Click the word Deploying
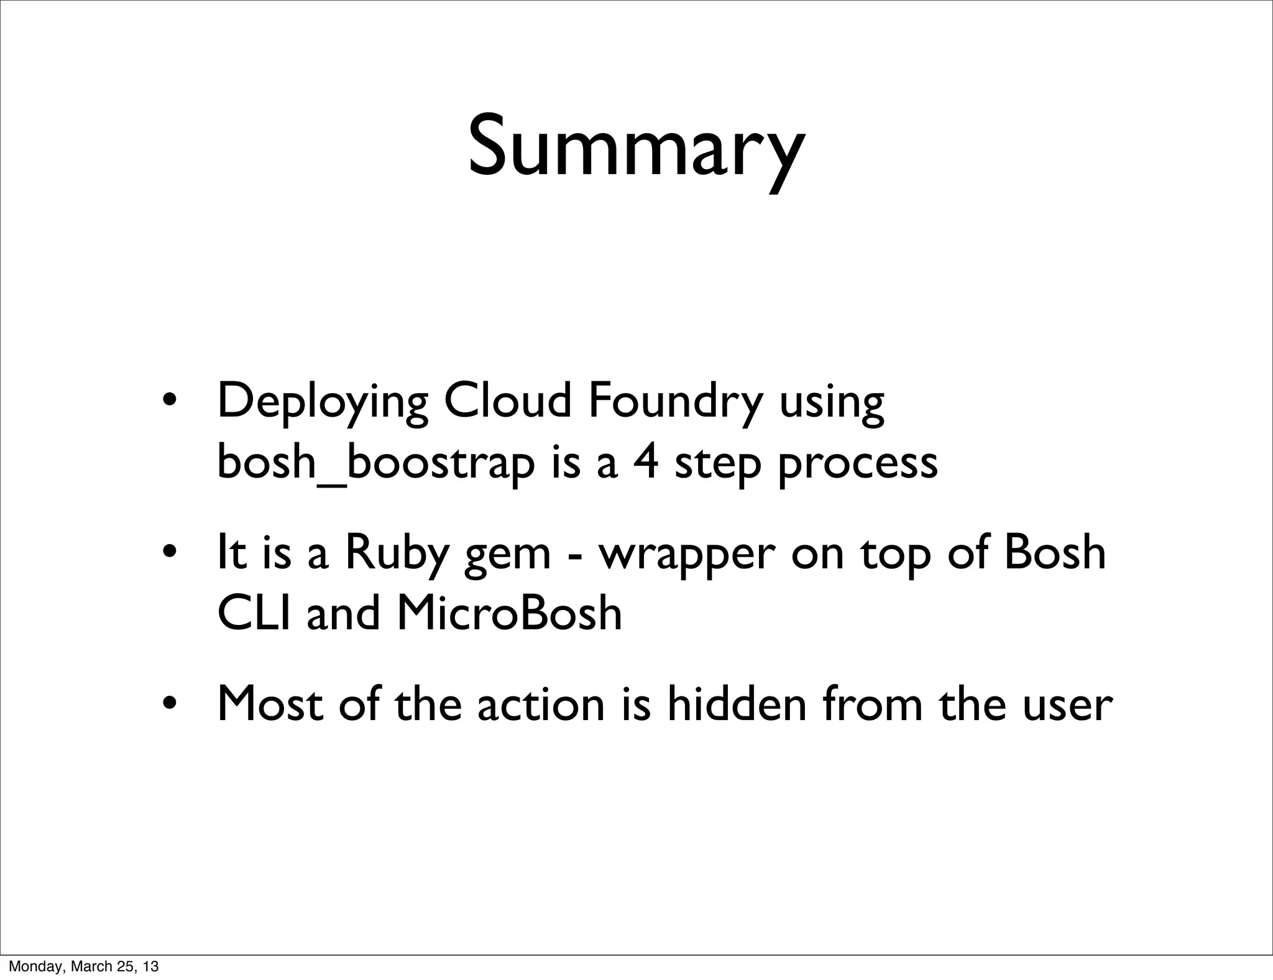click(x=322, y=403)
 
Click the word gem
click(x=507, y=557)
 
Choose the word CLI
click(x=254, y=613)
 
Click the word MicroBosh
click(x=509, y=613)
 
